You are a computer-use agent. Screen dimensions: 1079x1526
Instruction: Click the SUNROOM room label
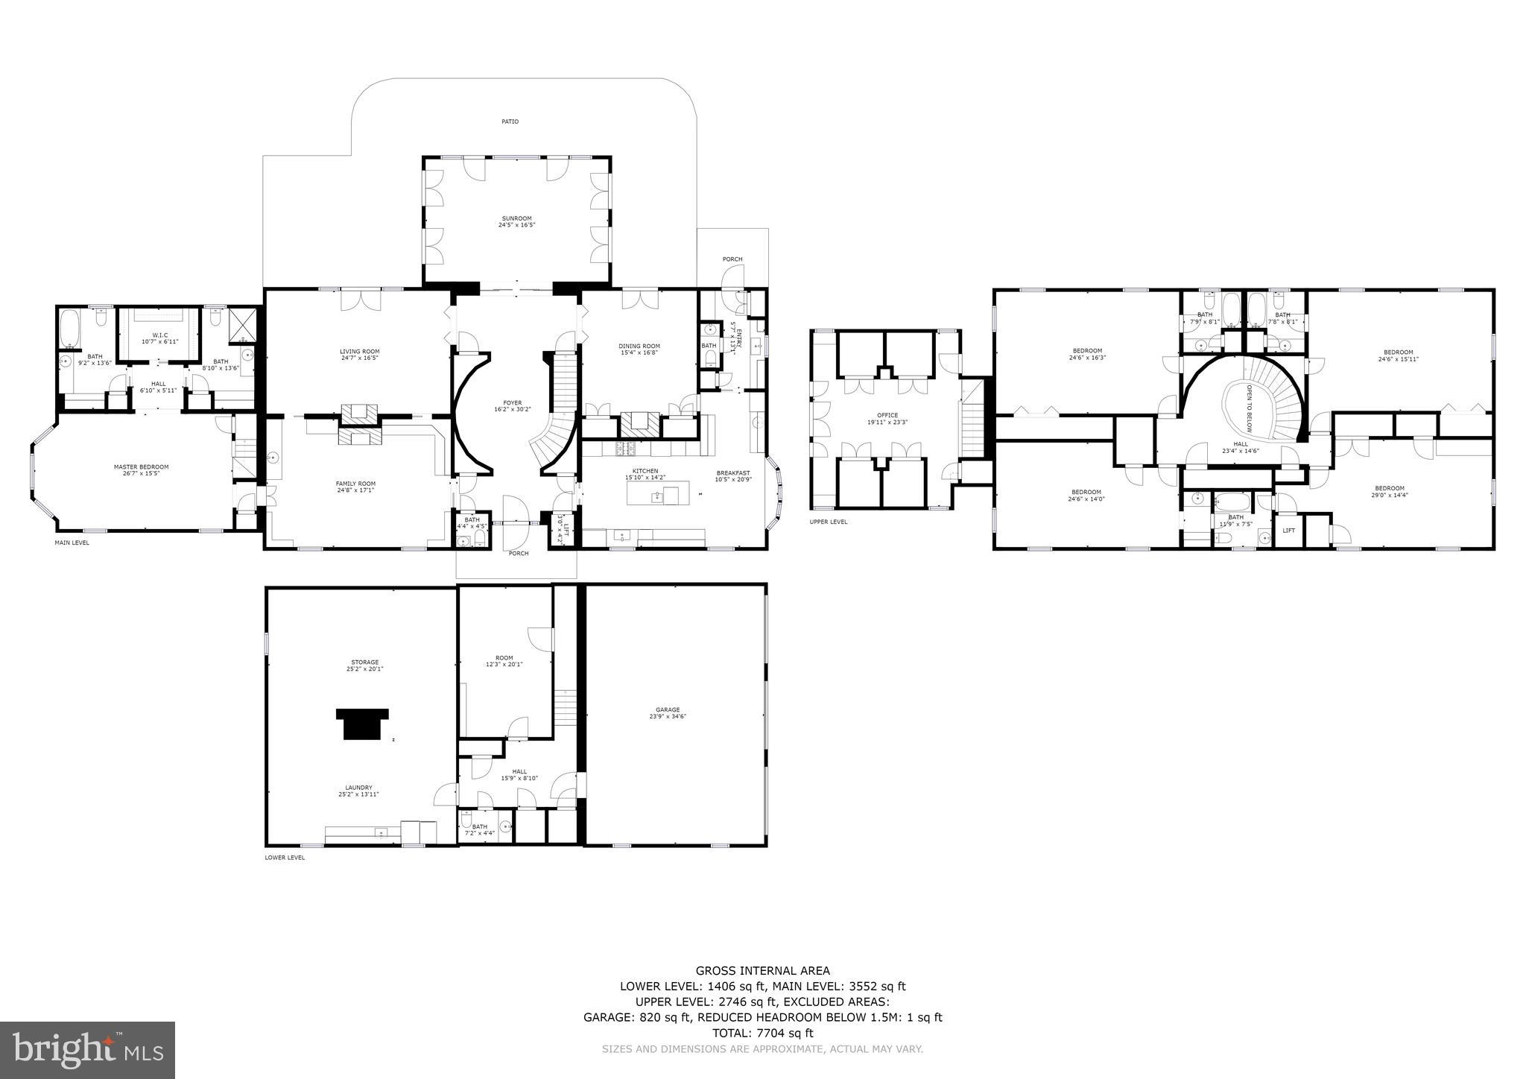[517, 219]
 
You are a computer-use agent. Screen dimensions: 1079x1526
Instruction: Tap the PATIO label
[510, 121]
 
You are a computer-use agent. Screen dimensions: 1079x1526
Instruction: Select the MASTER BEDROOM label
[141, 467]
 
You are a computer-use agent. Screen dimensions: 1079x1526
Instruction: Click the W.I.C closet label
[159, 335]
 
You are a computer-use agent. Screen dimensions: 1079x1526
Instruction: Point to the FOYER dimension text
[513, 409]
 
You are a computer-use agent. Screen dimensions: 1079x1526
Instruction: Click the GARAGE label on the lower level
[668, 710]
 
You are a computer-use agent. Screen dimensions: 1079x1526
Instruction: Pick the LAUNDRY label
[358, 788]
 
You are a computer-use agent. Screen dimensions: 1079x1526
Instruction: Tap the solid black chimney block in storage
[362, 723]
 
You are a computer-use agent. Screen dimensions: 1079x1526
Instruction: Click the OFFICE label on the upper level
[887, 415]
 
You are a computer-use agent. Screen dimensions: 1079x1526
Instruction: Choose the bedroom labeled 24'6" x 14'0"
[1086, 495]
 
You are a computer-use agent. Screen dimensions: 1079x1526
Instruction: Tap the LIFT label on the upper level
[1288, 531]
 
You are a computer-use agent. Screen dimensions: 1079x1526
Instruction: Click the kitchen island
[657, 493]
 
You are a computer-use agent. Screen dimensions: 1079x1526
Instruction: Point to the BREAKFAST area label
[733, 473]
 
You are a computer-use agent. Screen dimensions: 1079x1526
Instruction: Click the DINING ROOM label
[639, 346]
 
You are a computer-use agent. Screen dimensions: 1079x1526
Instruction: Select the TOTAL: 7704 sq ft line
[762, 1033]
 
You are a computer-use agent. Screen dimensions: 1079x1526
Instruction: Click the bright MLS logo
[87, 1050]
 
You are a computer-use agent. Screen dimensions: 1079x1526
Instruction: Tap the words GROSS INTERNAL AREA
[762, 970]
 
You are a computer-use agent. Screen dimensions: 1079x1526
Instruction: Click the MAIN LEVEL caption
[72, 542]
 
